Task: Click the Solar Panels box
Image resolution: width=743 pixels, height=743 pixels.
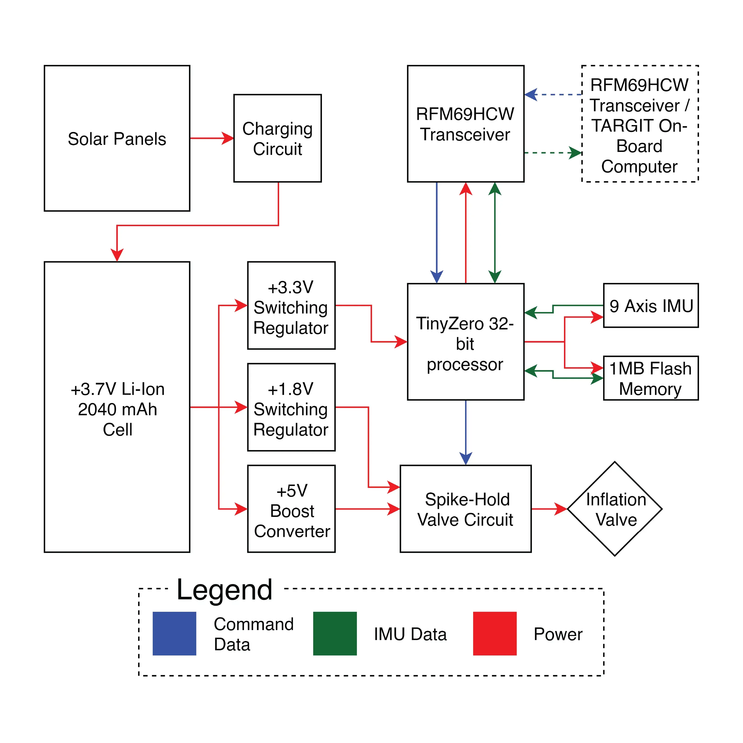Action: click(117, 138)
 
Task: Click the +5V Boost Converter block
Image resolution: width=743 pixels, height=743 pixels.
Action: click(291, 509)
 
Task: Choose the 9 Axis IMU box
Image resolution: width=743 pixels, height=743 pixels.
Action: click(651, 306)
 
